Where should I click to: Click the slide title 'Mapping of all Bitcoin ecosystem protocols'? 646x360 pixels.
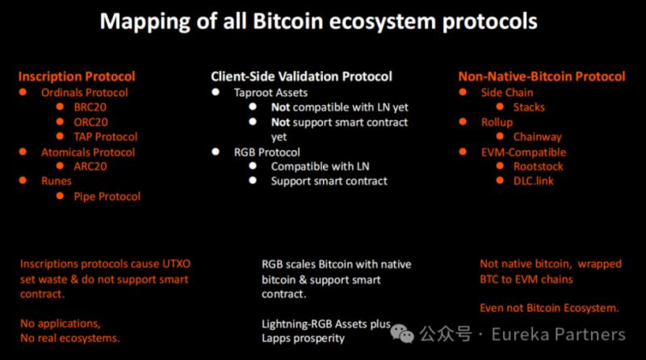(318, 22)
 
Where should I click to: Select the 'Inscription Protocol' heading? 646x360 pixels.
(77, 76)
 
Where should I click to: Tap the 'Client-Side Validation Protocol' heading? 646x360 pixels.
(301, 76)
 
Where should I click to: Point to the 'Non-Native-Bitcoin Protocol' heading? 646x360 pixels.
(542, 76)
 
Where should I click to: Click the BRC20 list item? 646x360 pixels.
(90, 107)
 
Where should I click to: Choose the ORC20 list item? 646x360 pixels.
(90, 122)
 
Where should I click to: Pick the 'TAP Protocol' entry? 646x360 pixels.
(106, 136)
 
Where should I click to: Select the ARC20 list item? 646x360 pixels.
(90, 166)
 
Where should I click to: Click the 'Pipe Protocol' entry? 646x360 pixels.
(107, 196)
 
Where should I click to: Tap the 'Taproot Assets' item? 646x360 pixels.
(271, 93)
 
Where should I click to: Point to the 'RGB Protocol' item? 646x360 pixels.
(267, 153)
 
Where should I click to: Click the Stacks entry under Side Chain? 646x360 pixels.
(529, 107)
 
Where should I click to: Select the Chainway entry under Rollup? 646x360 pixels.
(537, 136)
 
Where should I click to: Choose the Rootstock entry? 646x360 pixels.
(538, 166)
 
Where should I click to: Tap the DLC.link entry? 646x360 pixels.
(534, 181)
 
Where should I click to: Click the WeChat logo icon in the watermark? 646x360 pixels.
(401, 333)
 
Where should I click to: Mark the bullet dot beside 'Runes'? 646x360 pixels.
(23, 181)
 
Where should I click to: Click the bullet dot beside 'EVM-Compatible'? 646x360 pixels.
(463, 152)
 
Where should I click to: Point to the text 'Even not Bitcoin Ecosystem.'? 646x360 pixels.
(549, 308)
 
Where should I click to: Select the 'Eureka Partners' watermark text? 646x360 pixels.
(558, 334)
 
